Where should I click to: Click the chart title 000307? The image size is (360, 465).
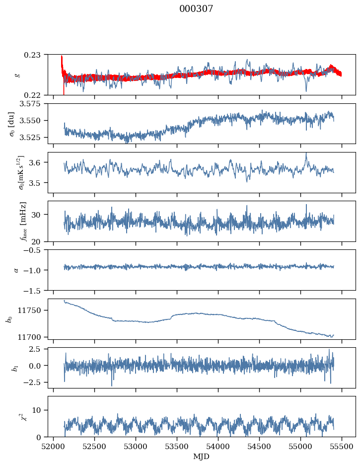coord(196,9)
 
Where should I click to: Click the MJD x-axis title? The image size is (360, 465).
coord(202,456)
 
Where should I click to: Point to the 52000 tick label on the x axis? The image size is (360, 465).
coord(54,446)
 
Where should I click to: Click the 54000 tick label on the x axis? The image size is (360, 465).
coord(218,446)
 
